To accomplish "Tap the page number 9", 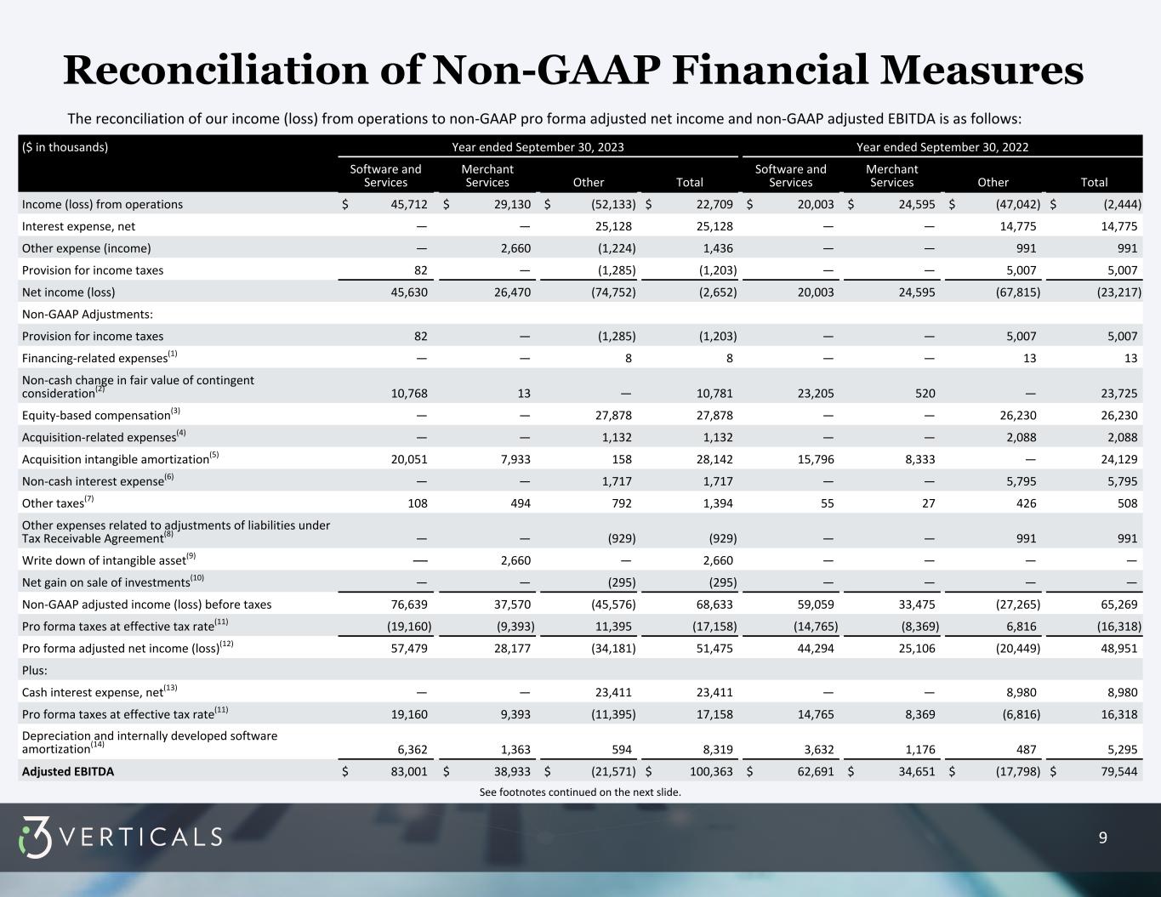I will (x=1103, y=837).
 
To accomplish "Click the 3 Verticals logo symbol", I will (x=35, y=837).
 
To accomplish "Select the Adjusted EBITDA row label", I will (x=68, y=772).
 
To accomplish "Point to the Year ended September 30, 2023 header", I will (x=538, y=147).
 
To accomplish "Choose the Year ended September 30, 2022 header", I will (x=942, y=147).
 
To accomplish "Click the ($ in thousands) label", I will (x=65, y=147).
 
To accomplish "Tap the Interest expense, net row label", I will (x=78, y=226).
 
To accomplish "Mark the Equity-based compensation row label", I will (x=96, y=416).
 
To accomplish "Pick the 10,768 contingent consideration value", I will (x=408, y=394).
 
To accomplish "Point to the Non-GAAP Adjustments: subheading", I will (x=88, y=315).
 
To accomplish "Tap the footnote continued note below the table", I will (x=580, y=792).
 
